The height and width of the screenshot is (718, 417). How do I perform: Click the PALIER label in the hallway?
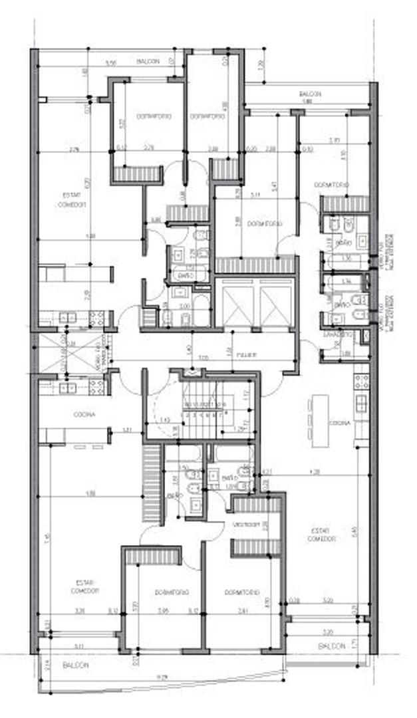246,354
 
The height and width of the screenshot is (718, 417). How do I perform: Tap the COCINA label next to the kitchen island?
339,423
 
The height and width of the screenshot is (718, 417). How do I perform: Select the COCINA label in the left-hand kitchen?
84,414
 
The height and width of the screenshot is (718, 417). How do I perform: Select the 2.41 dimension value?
244,612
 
